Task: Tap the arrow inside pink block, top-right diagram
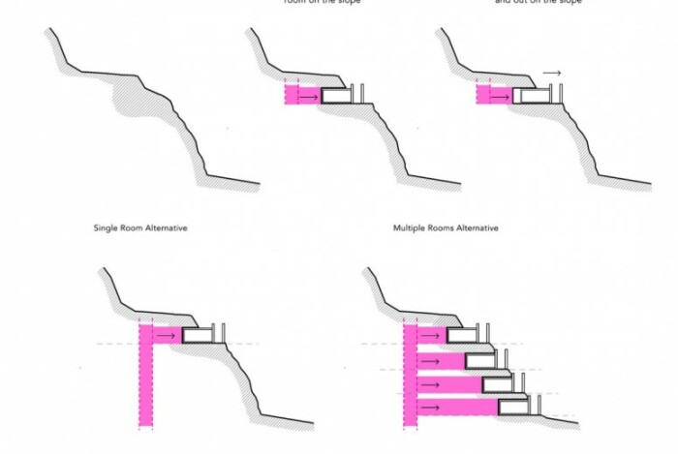(500, 96)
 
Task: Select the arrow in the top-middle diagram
(307, 97)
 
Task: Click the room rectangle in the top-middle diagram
(336, 96)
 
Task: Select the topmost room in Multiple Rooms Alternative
(462, 336)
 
